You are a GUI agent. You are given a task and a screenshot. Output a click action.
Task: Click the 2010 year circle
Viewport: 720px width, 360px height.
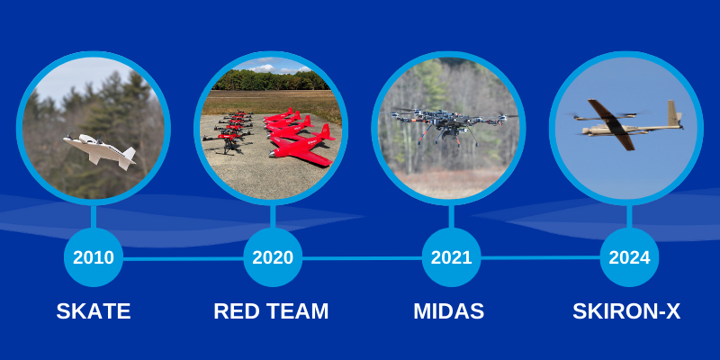coord(94,257)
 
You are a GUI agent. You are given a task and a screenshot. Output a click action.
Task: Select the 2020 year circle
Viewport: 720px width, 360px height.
coord(273,257)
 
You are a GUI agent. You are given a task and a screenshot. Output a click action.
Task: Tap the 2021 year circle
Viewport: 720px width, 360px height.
coord(451,257)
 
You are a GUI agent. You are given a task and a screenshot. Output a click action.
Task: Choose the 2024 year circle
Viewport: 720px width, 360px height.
coord(629,257)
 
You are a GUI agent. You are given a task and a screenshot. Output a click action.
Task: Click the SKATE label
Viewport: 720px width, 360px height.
coord(94,311)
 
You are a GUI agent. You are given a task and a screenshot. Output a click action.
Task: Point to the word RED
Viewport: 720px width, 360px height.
coord(238,311)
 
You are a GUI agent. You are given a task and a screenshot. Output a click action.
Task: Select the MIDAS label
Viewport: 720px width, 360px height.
coord(448,311)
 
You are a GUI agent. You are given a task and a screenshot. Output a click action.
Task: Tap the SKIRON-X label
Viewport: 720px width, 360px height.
coord(626,311)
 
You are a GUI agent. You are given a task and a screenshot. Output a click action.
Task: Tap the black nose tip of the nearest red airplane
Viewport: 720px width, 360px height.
coord(271,154)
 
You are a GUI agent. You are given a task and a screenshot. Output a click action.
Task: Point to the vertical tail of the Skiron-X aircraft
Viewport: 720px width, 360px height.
coord(672,113)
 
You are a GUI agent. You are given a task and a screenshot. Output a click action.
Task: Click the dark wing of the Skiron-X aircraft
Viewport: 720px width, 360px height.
coord(611,124)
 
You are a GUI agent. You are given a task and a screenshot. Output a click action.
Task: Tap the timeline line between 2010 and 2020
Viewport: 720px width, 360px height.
coord(184,259)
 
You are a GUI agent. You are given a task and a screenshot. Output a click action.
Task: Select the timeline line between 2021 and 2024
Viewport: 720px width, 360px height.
coord(541,258)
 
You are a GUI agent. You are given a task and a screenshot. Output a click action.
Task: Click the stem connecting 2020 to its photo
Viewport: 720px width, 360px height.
coord(273,217)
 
